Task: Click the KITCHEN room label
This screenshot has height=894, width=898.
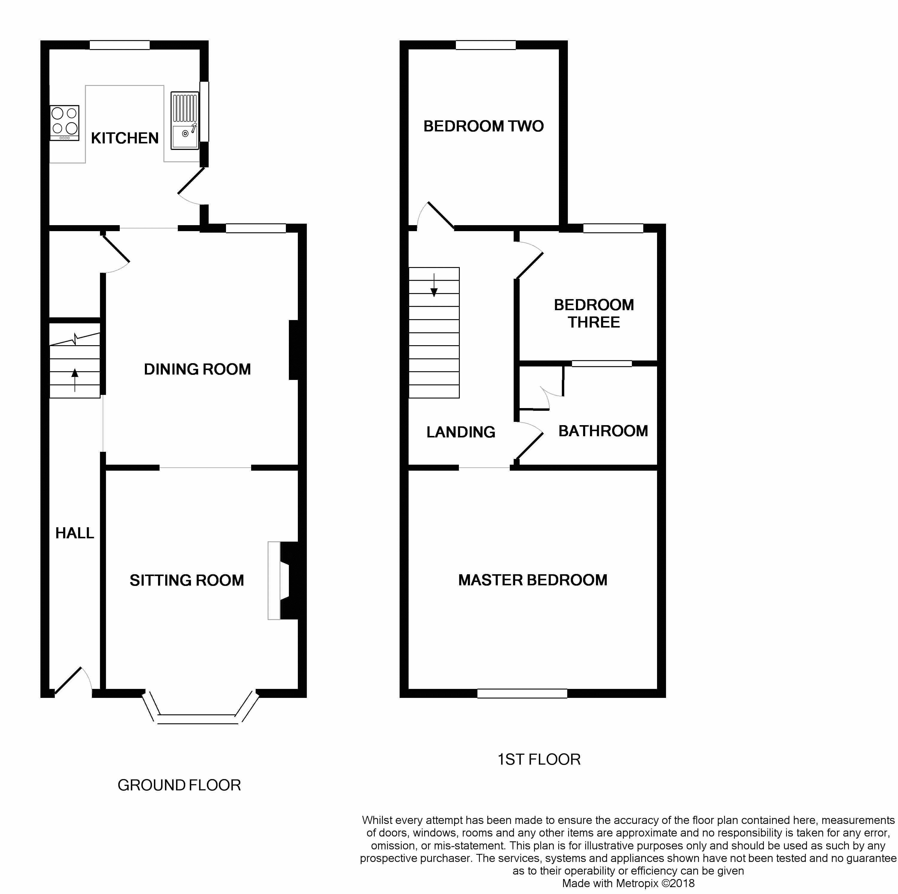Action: pyautogui.click(x=125, y=138)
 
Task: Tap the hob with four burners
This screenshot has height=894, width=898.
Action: pyautogui.click(x=65, y=123)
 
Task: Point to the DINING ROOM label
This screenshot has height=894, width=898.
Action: pyautogui.click(x=197, y=369)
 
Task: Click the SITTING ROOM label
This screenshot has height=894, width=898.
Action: pyautogui.click(x=187, y=580)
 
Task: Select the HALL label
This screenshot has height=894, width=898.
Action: pyautogui.click(x=74, y=533)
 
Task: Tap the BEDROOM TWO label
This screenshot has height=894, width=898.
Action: pyautogui.click(x=483, y=126)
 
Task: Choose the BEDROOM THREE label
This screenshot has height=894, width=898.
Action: pyautogui.click(x=594, y=313)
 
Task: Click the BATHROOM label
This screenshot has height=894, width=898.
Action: pyautogui.click(x=603, y=431)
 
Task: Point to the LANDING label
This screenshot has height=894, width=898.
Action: pyautogui.click(x=461, y=432)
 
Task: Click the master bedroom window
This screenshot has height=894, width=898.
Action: pyautogui.click(x=522, y=693)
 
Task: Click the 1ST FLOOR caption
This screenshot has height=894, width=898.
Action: pyautogui.click(x=539, y=760)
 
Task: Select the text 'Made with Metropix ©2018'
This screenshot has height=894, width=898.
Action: pyautogui.click(x=628, y=883)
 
